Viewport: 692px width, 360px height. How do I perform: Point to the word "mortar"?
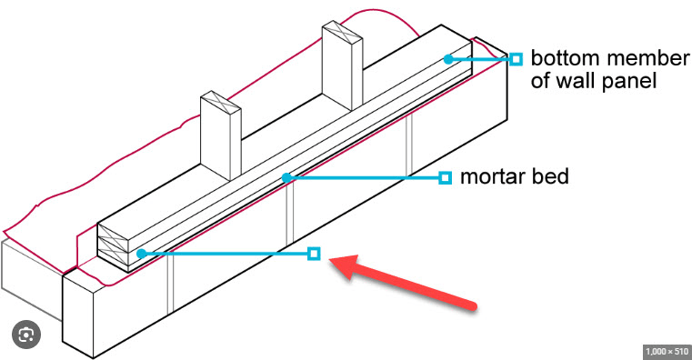490,177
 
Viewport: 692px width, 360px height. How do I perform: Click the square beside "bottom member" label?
516,59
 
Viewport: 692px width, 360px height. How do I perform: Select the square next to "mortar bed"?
446,178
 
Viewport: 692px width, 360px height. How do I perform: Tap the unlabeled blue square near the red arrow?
314,254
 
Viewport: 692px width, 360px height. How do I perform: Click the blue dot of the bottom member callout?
448,59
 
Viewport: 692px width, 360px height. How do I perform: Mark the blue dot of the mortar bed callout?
286,178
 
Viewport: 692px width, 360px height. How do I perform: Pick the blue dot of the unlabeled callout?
141,254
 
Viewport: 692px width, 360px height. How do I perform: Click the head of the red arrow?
331,261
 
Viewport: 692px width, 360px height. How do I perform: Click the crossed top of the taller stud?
342,35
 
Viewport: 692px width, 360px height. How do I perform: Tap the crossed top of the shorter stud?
220,103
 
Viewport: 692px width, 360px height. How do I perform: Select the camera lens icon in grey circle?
26,335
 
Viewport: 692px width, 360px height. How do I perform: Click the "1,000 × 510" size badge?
667,352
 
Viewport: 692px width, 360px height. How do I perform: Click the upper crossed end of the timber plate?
113,233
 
